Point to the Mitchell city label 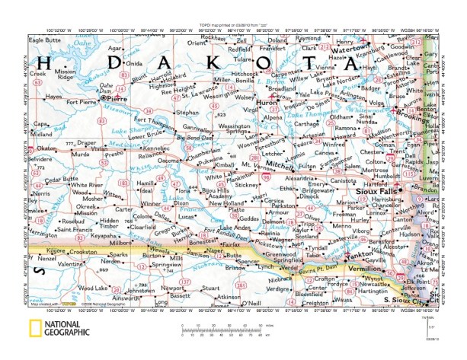point(280,164)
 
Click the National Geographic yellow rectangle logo point(35,330)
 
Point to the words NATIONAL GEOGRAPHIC point(67,329)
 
